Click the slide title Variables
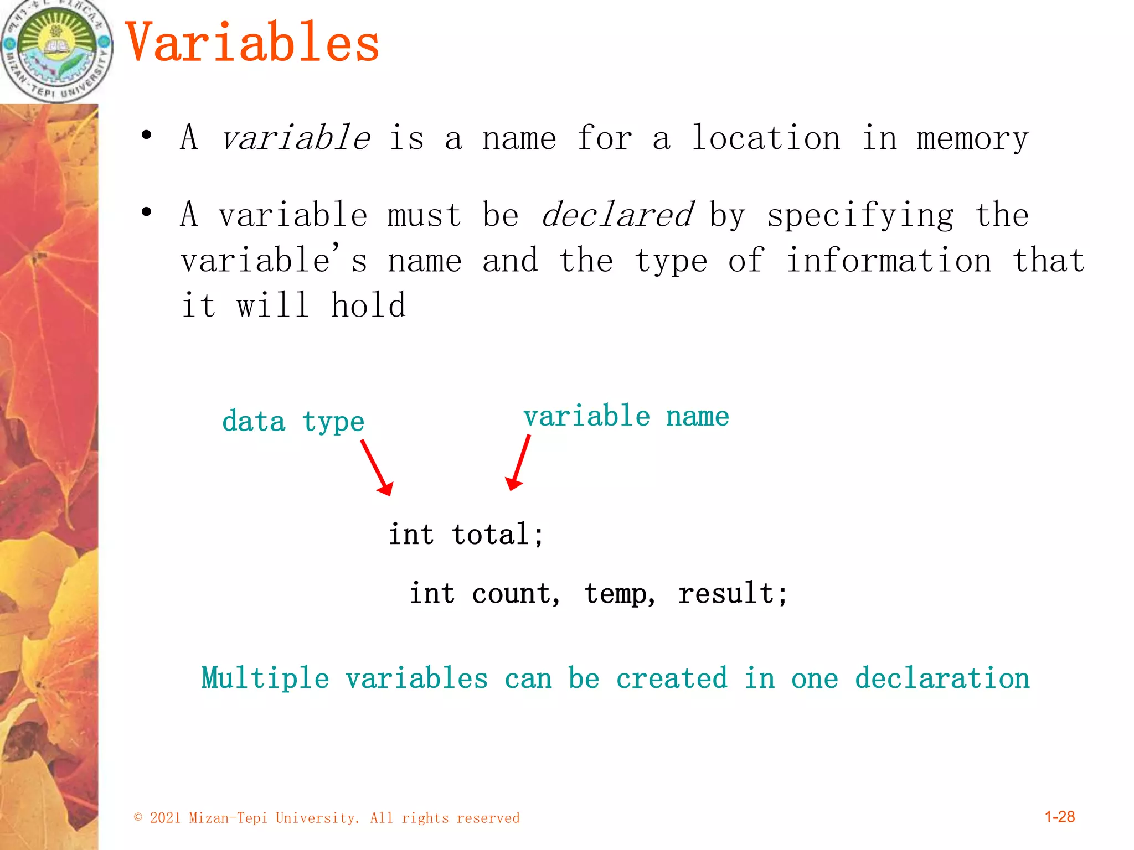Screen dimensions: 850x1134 coord(252,43)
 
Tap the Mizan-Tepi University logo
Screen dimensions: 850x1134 coord(56,50)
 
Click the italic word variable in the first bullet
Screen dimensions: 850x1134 coord(295,138)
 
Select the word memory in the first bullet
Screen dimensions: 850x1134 coord(972,139)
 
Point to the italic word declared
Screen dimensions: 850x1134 coord(617,215)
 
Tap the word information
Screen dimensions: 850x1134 coord(889,261)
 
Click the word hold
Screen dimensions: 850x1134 coord(368,305)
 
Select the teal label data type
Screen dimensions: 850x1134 coord(293,422)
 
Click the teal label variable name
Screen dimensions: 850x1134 coord(626,416)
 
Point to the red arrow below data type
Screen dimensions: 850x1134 coord(377,468)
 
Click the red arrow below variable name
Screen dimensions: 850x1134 coord(518,463)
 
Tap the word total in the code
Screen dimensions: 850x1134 coord(491,535)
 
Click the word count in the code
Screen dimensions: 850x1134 coord(512,594)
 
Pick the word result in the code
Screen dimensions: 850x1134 coord(726,594)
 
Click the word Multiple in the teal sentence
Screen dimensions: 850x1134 coord(265,678)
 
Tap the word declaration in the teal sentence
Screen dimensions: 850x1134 coord(942,678)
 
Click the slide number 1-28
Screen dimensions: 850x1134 coord(1059,817)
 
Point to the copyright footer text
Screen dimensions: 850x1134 coord(327,818)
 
